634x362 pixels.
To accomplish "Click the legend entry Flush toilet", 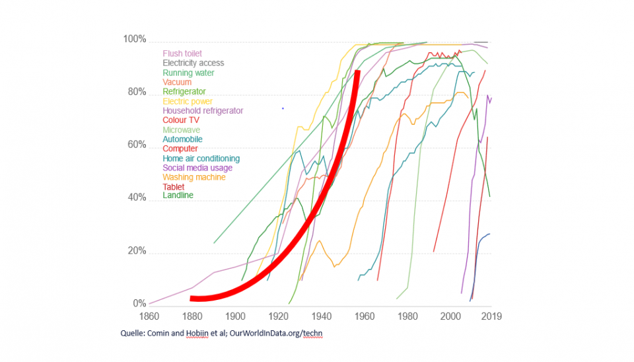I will point(182,54).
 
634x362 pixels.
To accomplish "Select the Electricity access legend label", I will point(194,63).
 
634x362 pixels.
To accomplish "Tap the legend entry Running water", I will point(188,73).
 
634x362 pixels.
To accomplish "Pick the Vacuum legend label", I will point(177,82).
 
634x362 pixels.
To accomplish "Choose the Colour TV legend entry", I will point(181,120).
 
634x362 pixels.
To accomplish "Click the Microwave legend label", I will point(182,130).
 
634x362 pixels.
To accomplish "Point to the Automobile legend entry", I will point(182,139).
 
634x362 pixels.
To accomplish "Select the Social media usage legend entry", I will point(197,168).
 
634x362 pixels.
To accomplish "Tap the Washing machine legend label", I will point(194,177).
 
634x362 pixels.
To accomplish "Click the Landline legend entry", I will point(178,196).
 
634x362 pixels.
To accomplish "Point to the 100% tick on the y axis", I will point(134,40).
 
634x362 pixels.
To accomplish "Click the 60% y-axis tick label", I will point(135,145).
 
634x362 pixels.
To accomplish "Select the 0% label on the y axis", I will point(139,304).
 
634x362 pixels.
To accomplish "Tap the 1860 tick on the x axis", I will point(150,316).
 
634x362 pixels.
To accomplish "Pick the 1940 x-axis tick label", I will point(322,316).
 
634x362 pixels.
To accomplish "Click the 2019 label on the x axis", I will point(491,316).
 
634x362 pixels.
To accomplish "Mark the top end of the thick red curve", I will point(357,71).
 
